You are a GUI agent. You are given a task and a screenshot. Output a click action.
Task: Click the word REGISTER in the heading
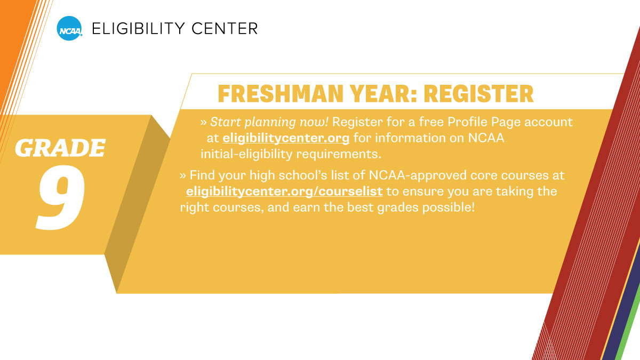tap(478, 94)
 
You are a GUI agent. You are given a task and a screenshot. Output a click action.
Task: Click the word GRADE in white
tap(60, 148)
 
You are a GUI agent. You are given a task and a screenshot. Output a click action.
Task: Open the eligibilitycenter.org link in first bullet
tap(286, 139)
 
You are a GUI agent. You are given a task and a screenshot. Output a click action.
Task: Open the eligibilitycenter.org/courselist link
tap(284, 191)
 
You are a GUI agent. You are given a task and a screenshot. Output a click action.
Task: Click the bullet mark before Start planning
tap(204, 122)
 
